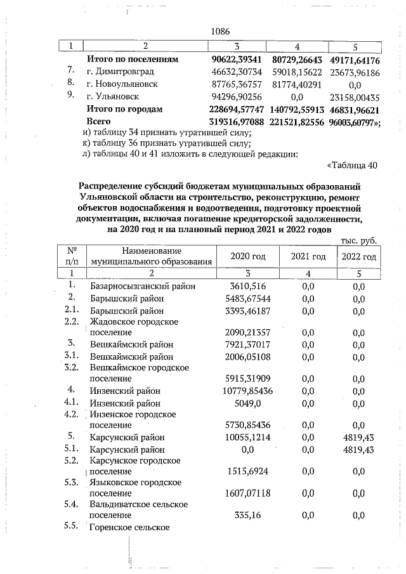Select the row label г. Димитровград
pyautogui.click(x=121, y=72)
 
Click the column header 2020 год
pyautogui.click(x=250, y=256)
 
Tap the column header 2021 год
pyautogui.click(x=308, y=256)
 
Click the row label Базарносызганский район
pyautogui.click(x=143, y=286)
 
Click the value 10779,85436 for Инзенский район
pyautogui.click(x=249, y=390)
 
